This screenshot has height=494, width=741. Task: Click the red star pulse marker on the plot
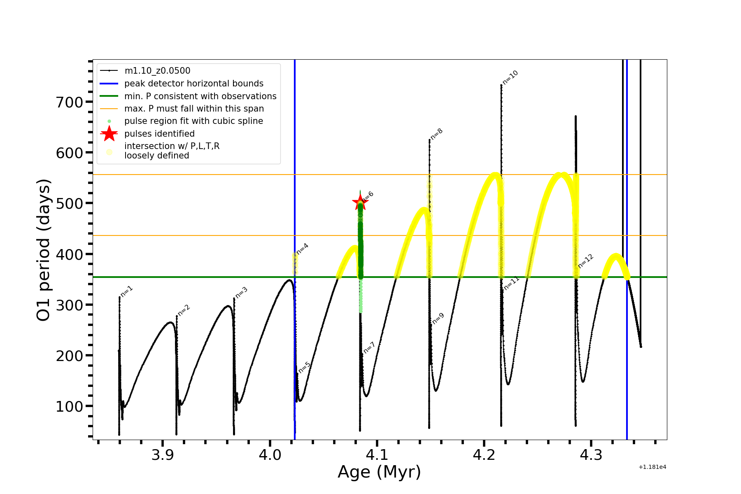pos(360,203)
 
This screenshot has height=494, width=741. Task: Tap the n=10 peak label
pos(510,77)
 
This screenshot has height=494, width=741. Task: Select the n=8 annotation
pos(436,134)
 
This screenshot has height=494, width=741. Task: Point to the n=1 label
pos(127,291)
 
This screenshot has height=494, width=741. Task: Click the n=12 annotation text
pos(586,261)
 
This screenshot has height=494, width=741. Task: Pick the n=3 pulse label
pos(242,292)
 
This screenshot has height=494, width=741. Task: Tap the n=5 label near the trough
pos(305,367)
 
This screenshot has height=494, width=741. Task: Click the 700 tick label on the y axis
pos(69,102)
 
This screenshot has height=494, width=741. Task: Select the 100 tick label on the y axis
pos(69,406)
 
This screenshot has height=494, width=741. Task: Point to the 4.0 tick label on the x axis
pos(270,455)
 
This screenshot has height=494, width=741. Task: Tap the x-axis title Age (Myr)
pos(379,472)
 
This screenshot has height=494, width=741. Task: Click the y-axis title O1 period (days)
pos(44,250)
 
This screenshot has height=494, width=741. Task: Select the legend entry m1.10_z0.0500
pos(157,71)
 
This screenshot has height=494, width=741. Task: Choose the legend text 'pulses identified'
pos(159,134)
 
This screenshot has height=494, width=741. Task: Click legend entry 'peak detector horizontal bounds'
pos(193,84)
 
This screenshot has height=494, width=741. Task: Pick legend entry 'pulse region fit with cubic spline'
pos(193,121)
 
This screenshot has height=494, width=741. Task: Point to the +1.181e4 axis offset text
pos(652,467)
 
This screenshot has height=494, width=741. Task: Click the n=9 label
pos(438,319)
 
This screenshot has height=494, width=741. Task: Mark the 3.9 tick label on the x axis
pos(163,455)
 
